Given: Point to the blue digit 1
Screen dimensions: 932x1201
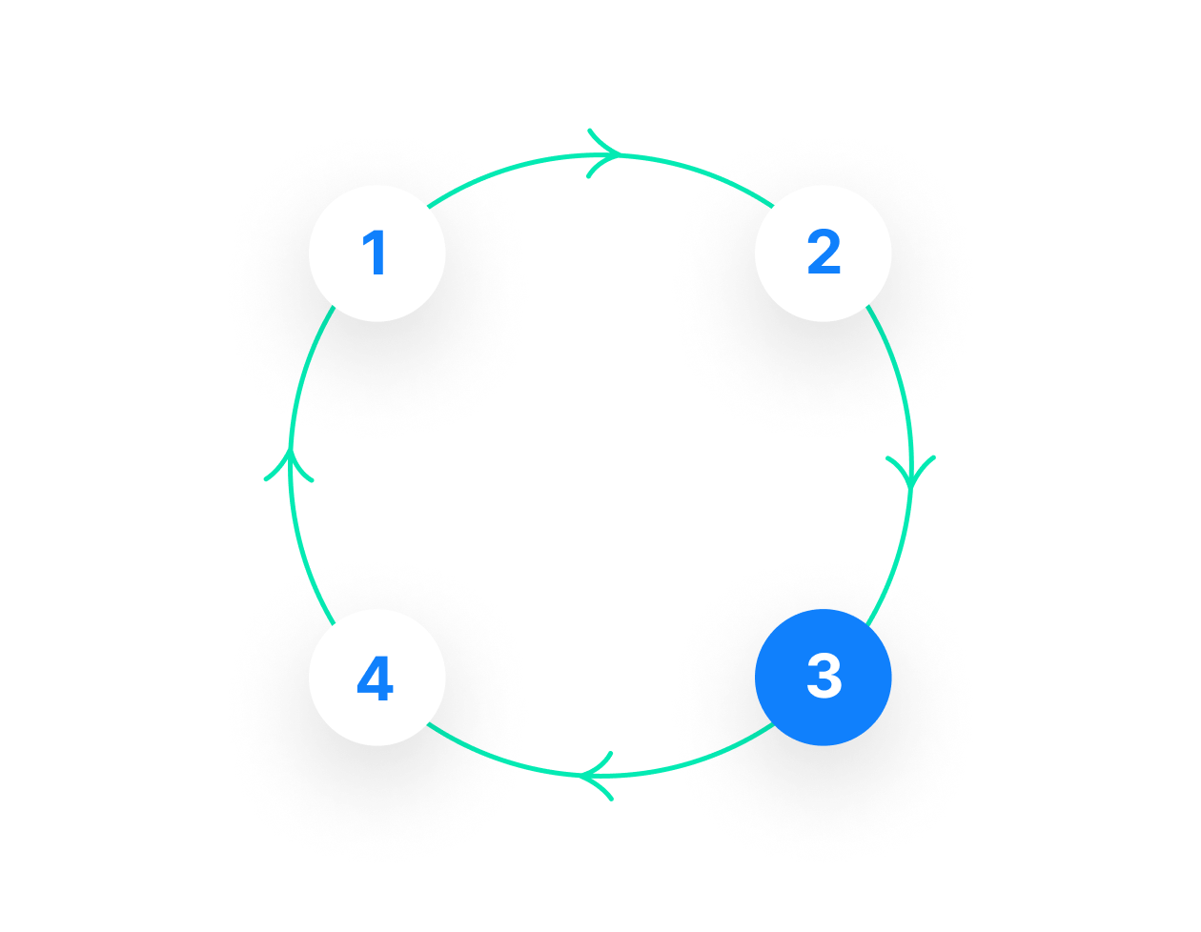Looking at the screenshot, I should (376, 254).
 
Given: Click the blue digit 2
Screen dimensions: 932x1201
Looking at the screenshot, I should (824, 254).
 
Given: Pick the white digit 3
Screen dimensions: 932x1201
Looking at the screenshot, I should (824, 678).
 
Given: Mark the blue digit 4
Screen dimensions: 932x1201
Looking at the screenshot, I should (375, 680).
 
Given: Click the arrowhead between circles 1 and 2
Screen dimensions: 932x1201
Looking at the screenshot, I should (606, 154).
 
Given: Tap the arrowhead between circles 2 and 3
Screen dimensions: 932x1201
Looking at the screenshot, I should (910, 471).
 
